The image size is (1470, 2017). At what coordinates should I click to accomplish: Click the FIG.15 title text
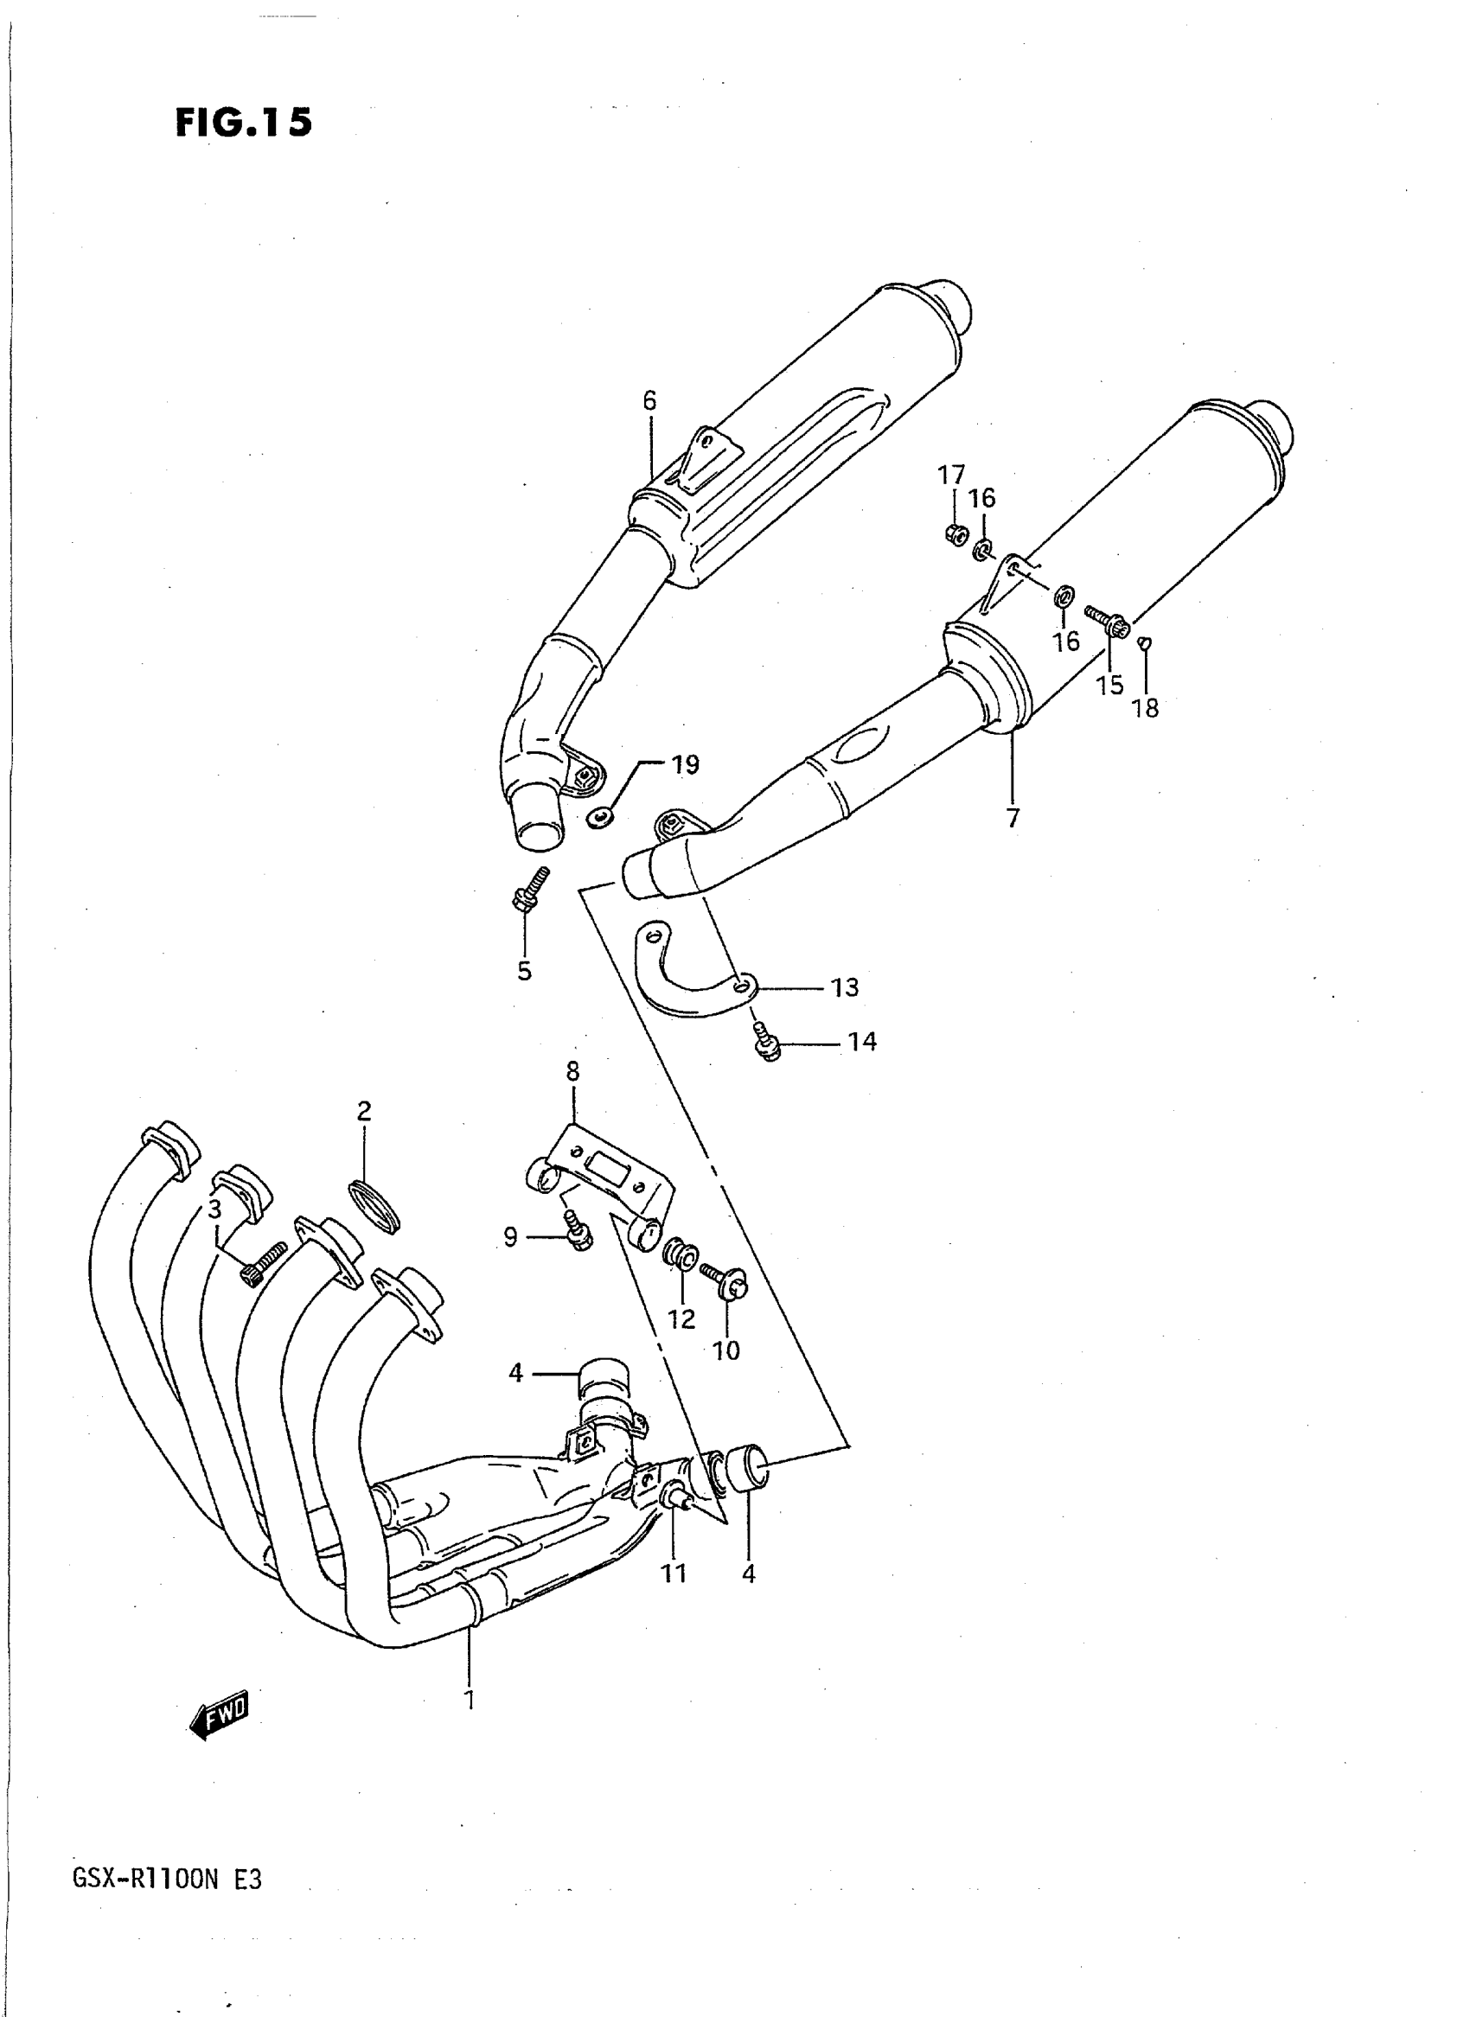243,122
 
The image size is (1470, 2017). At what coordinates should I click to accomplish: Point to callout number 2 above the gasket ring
364,1110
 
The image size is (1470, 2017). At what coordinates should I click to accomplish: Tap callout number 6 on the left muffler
649,401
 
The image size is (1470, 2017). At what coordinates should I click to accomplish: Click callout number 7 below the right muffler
1013,818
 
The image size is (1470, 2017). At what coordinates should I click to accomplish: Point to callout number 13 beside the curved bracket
845,986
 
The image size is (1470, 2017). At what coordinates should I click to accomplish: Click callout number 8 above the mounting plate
572,1072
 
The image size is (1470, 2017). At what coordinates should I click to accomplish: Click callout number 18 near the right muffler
1145,708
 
